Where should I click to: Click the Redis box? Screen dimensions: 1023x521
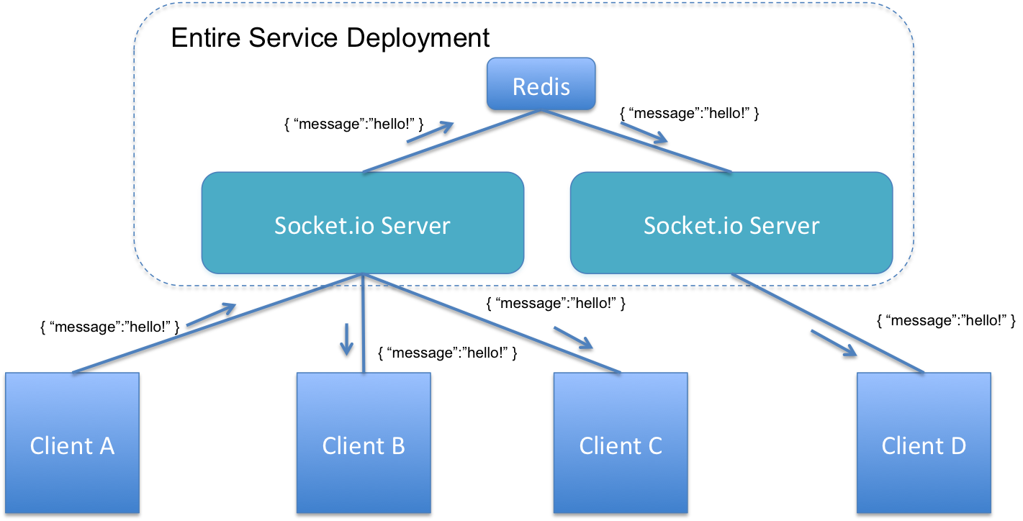[x=541, y=84]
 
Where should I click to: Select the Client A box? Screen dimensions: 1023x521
[x=72, y=443]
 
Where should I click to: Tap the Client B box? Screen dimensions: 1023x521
[x=364, y=443]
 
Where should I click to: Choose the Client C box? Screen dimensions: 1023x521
[x=621, y=443]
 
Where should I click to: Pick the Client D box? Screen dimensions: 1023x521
[x=924, y=443]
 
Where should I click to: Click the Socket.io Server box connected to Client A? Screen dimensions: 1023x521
[x=363, y=223]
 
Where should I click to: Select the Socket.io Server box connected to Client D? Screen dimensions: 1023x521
[x=731, y=223]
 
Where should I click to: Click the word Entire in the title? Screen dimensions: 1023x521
[x=205, y=37]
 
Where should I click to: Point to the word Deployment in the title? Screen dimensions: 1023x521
[x=418, y=38]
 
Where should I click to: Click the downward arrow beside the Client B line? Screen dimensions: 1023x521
[x=346, y=339]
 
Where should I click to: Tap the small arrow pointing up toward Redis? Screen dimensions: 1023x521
[x=431, y=132]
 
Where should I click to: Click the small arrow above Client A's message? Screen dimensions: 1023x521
[x=211, y=314]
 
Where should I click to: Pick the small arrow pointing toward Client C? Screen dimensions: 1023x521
[x=574, y=338]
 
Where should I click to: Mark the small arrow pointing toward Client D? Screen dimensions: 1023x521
[x=834, y=343]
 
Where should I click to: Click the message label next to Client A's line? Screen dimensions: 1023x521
[x=110, y=327]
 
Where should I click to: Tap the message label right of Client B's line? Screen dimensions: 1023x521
[x=448, y=353]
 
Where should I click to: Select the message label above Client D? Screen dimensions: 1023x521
[x=946, y=320]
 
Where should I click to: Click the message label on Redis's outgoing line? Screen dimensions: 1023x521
[x=689, y=113]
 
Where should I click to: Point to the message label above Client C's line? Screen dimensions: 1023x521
[x=556, y=303]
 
